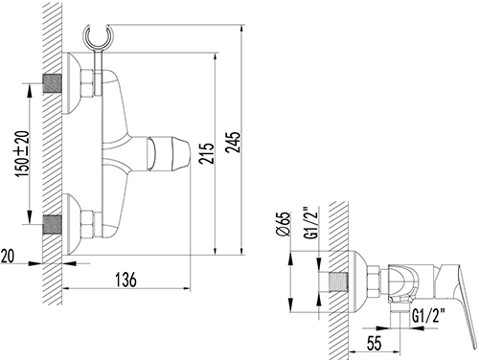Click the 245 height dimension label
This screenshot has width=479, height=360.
click(x=233, y=142)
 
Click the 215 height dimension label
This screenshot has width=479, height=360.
click(x=206, y=153)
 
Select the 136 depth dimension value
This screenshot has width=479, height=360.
click(x=125, y=280)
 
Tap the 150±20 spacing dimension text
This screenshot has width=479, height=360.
click(x=23, y=153)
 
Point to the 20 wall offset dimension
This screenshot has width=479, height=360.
click(x=8, y=256)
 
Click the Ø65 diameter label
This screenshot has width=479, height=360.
click(x=283, y=224)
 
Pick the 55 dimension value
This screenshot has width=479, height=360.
click(x=374, y=343)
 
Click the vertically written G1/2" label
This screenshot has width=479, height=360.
click(x=312, y=223)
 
